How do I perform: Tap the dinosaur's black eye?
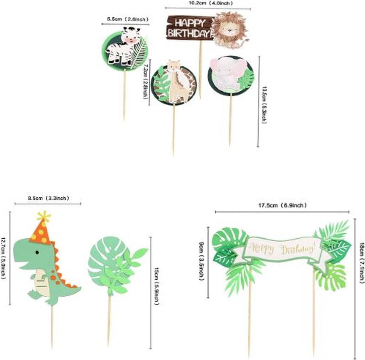coord(37,252)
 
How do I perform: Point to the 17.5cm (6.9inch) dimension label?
coord(282,205)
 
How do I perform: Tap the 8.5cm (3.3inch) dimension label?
coord(48,198)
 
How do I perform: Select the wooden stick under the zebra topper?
coord(124,94)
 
